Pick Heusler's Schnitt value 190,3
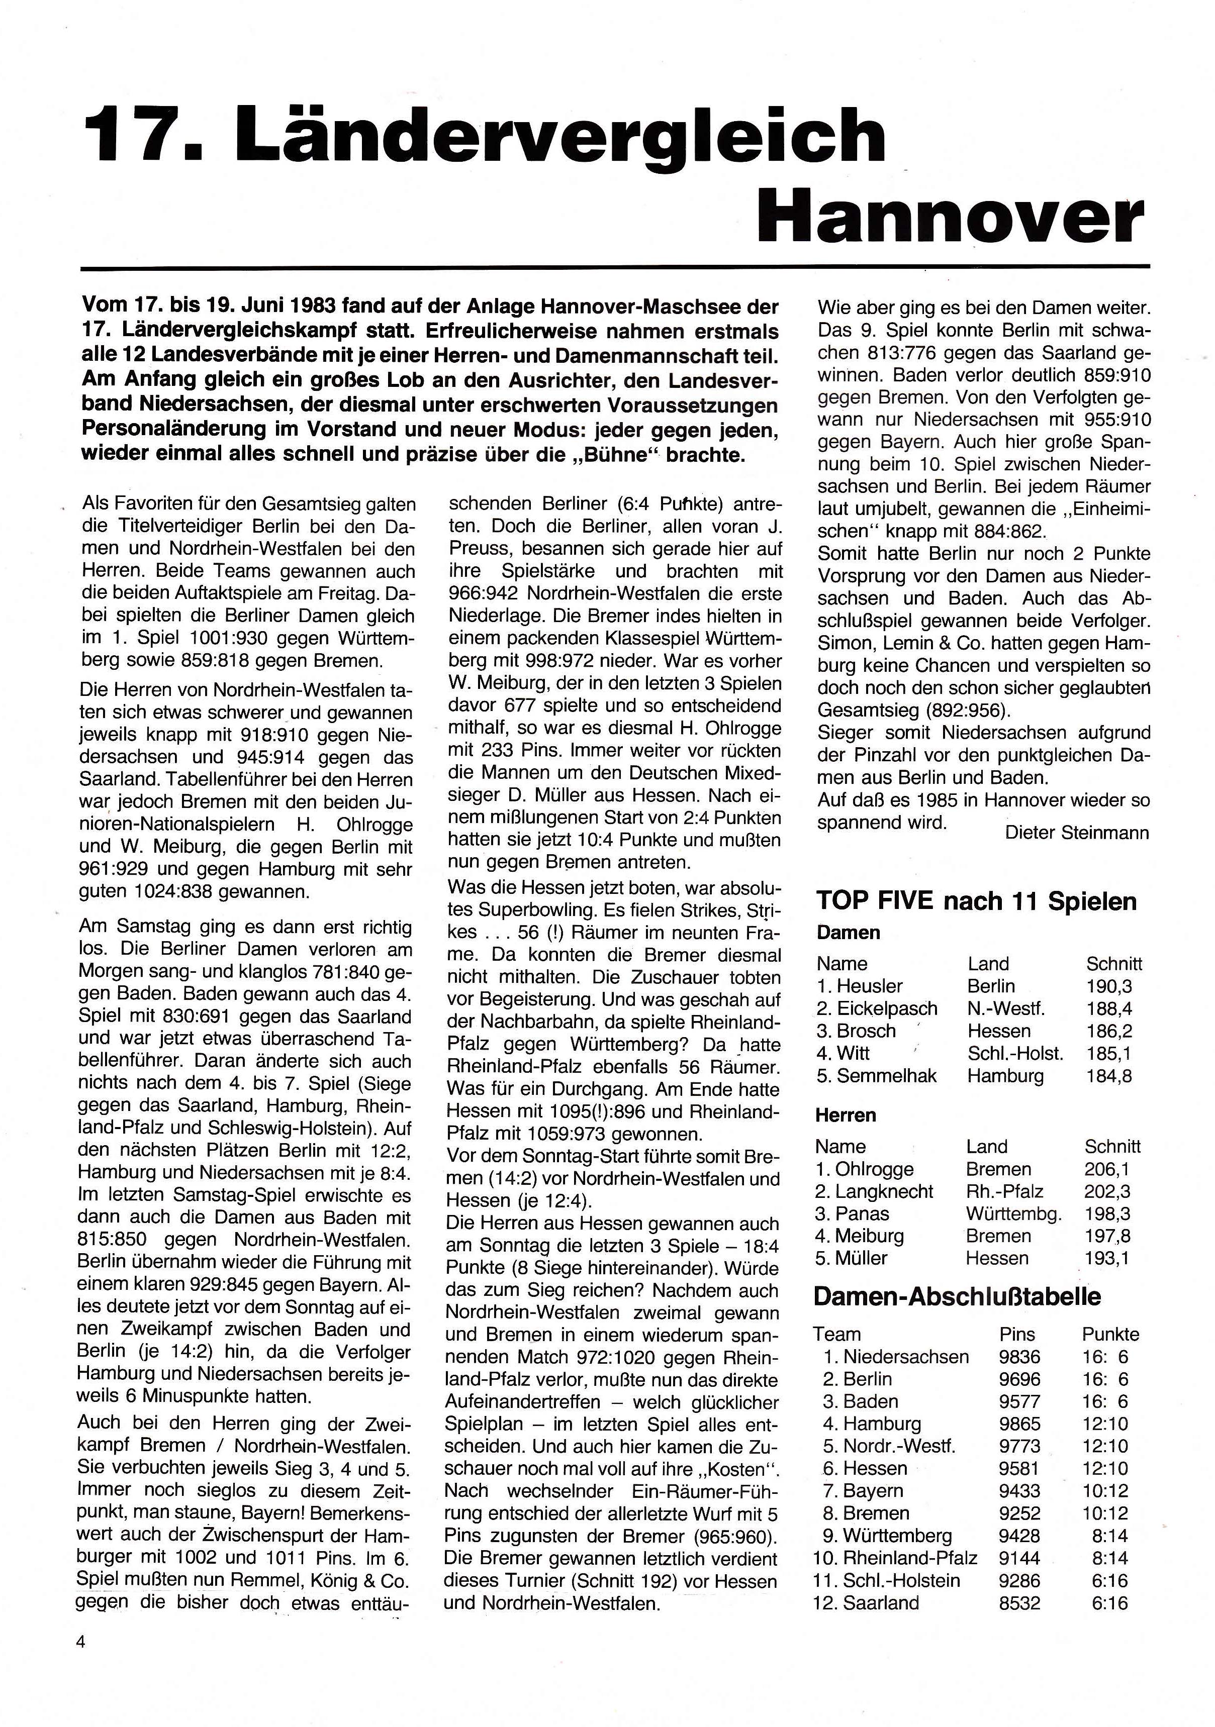coord(1109,986)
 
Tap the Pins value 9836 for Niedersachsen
coord(1019,1357)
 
